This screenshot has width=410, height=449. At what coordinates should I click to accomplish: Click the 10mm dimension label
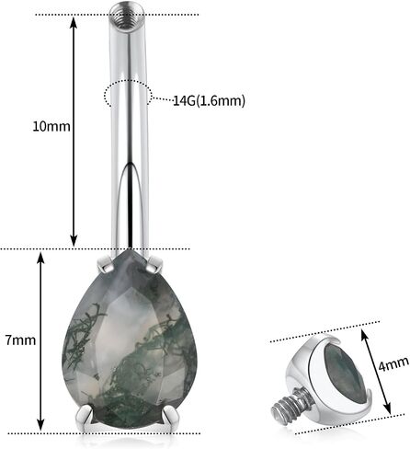pos(51,126)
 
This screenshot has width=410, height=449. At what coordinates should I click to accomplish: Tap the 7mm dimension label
pos(20,340)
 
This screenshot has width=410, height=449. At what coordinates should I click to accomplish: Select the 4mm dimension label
pos(393,364)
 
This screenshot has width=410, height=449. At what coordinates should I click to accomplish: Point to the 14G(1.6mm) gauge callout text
pos(210,100)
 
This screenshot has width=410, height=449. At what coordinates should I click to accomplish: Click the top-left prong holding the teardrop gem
pos(105,265)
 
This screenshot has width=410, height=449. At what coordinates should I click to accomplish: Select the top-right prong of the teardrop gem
pos(154,265)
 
